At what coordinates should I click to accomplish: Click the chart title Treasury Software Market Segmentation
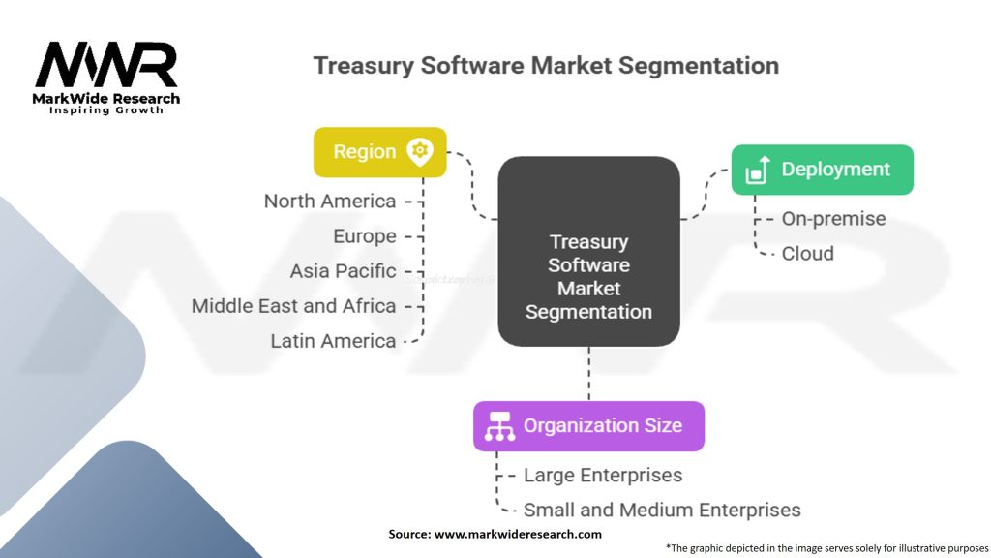point(546,66)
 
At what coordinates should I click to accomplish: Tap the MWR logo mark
point(106,65)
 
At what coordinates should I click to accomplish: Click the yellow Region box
point(379,152)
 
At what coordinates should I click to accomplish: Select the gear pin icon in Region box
point(420,151)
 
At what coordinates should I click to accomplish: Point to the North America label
point(330,201)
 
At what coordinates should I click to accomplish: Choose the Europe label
point(364,236)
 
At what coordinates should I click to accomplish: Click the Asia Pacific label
point(343,271)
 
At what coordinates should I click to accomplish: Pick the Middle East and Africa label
point(293,306)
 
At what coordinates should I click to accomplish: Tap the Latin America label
point(333,341)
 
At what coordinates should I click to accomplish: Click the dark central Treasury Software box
point(588,252)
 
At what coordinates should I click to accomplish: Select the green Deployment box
point(822,170)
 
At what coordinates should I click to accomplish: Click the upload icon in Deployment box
point(757,170)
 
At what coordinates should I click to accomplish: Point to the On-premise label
point(833,219)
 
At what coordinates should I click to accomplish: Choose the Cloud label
point(807,254)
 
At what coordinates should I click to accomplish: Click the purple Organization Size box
point(588,426)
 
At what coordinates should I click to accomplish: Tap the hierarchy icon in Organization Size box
point(499,426)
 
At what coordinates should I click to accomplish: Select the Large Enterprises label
point(602,476)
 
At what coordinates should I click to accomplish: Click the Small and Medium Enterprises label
point(662,510)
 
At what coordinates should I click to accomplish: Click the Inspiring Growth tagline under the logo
point(106,110)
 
